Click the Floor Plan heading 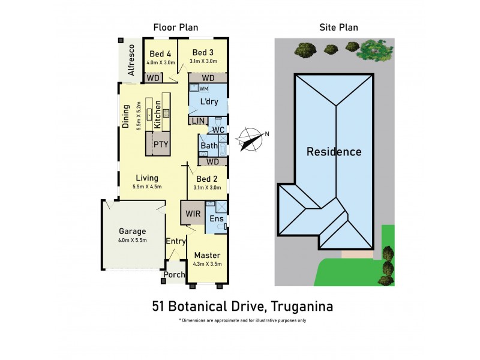[x=176, y=27]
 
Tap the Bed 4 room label [x=160, y=53]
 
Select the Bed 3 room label [x=203, y=53]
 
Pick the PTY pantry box [x=160, y=144]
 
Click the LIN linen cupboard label [x=196, y=121]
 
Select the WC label [x=219, y=130]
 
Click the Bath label [x=209, y=146]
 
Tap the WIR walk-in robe [x=193, y=214]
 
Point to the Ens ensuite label [x=216, y=219]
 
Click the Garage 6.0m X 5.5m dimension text [x=132, y=241]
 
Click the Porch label [x=175, y=275]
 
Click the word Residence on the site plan [x=334, y=152]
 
